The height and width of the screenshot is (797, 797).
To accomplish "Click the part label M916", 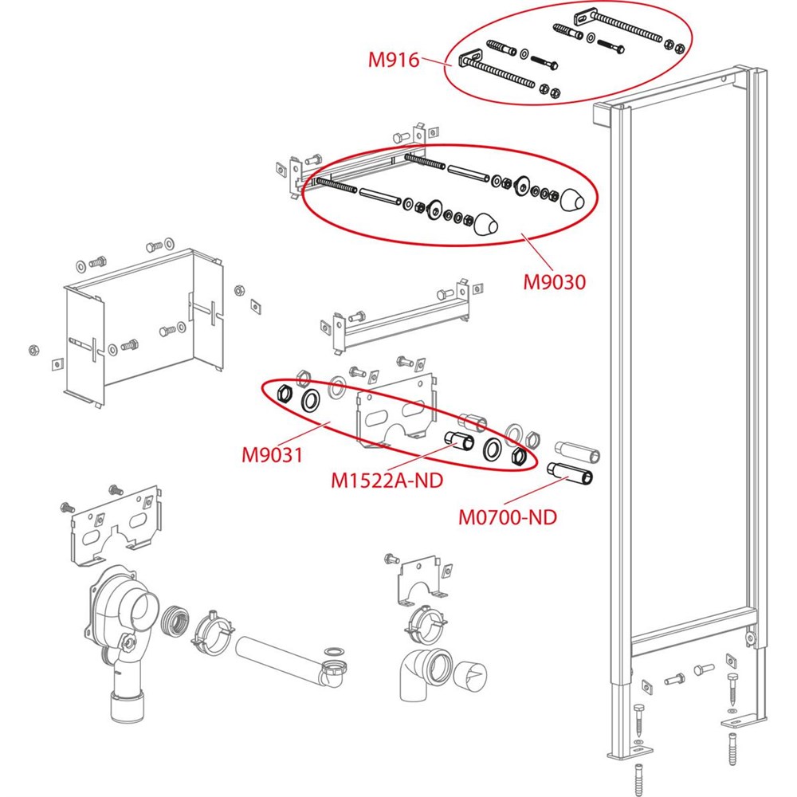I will coord(393,59).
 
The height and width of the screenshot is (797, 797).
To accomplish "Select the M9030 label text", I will coord(554,282).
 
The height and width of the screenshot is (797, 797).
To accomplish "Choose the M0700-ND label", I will coord(507,517).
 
